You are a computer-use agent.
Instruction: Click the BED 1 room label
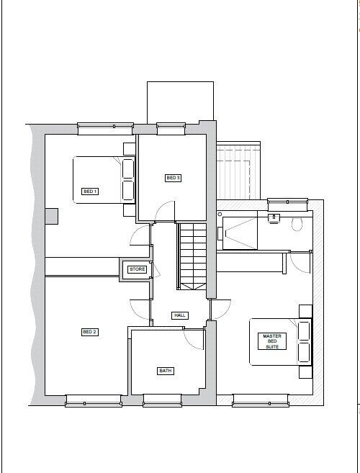[x=90, y=192]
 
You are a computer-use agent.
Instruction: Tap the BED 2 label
[x=90, y=332]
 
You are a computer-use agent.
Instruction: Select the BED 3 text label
[x=173, y=178]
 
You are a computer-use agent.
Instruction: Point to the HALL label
[x=180, y=315]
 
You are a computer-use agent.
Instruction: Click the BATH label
[x=166, y=371]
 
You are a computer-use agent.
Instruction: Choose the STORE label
[x=137, y=269]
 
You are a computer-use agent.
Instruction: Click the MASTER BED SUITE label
[x=271, y=341]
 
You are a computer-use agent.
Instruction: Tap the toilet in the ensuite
[x=297, y=222]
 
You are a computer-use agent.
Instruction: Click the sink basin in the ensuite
[x=274, y=216]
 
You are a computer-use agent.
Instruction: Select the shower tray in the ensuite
[x=238, y=232]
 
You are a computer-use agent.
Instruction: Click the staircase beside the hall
[x=192, y=256]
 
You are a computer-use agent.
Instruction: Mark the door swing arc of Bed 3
[x=166, y=211]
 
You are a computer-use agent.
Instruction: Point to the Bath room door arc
[x=194, y=338]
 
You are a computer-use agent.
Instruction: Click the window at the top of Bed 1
[x=106, y=127]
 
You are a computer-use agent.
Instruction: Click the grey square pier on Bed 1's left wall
[x=51, y=216]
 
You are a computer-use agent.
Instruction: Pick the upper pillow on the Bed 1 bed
[x=128, y=168]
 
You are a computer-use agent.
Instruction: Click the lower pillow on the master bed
[x=304, y=352]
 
